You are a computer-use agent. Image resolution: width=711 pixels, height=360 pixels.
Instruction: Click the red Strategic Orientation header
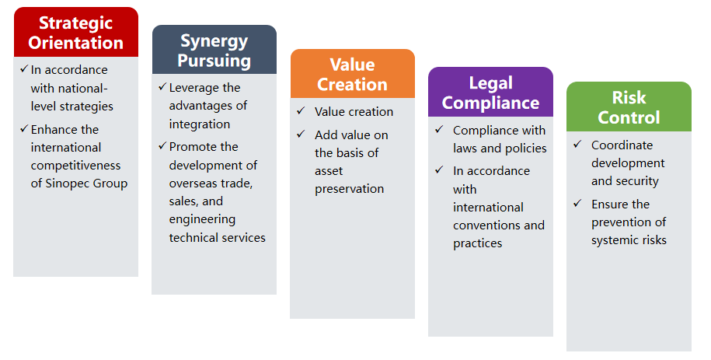click(x=75, y=32)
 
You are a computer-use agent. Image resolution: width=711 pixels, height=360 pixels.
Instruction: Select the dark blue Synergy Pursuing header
click(x=214, y=50)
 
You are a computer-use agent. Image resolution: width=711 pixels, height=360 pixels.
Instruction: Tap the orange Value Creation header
click(x=352, y=74)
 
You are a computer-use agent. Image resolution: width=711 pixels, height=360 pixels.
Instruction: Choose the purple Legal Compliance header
click(x=490, y=92)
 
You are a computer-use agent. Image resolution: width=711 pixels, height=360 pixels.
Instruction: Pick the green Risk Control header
click(x=629, y=107)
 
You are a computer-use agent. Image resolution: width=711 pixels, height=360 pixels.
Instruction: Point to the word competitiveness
click(x=75, y=166)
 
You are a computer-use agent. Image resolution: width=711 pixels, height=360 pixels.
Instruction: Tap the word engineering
click(x=202, y=220)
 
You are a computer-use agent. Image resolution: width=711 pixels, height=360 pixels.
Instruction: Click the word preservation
click(x=349, y=189)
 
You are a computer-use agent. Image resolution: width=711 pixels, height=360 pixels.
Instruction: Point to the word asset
click(x=329, y=172)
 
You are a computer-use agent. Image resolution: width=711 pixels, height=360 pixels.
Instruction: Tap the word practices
click(x=477, y=244)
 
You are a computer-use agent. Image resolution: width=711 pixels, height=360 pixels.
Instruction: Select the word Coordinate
click(x=622, y=145)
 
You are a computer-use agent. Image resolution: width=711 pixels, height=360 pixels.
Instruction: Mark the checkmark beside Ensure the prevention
click(x=577, y=203)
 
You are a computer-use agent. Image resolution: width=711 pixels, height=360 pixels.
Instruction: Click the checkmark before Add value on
click(x=301, y=134)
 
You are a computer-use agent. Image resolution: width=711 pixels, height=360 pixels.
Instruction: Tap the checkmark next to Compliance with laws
click(x=439, y=129)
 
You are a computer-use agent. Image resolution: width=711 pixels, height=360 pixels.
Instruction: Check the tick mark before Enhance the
click(x=24, y=129)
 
